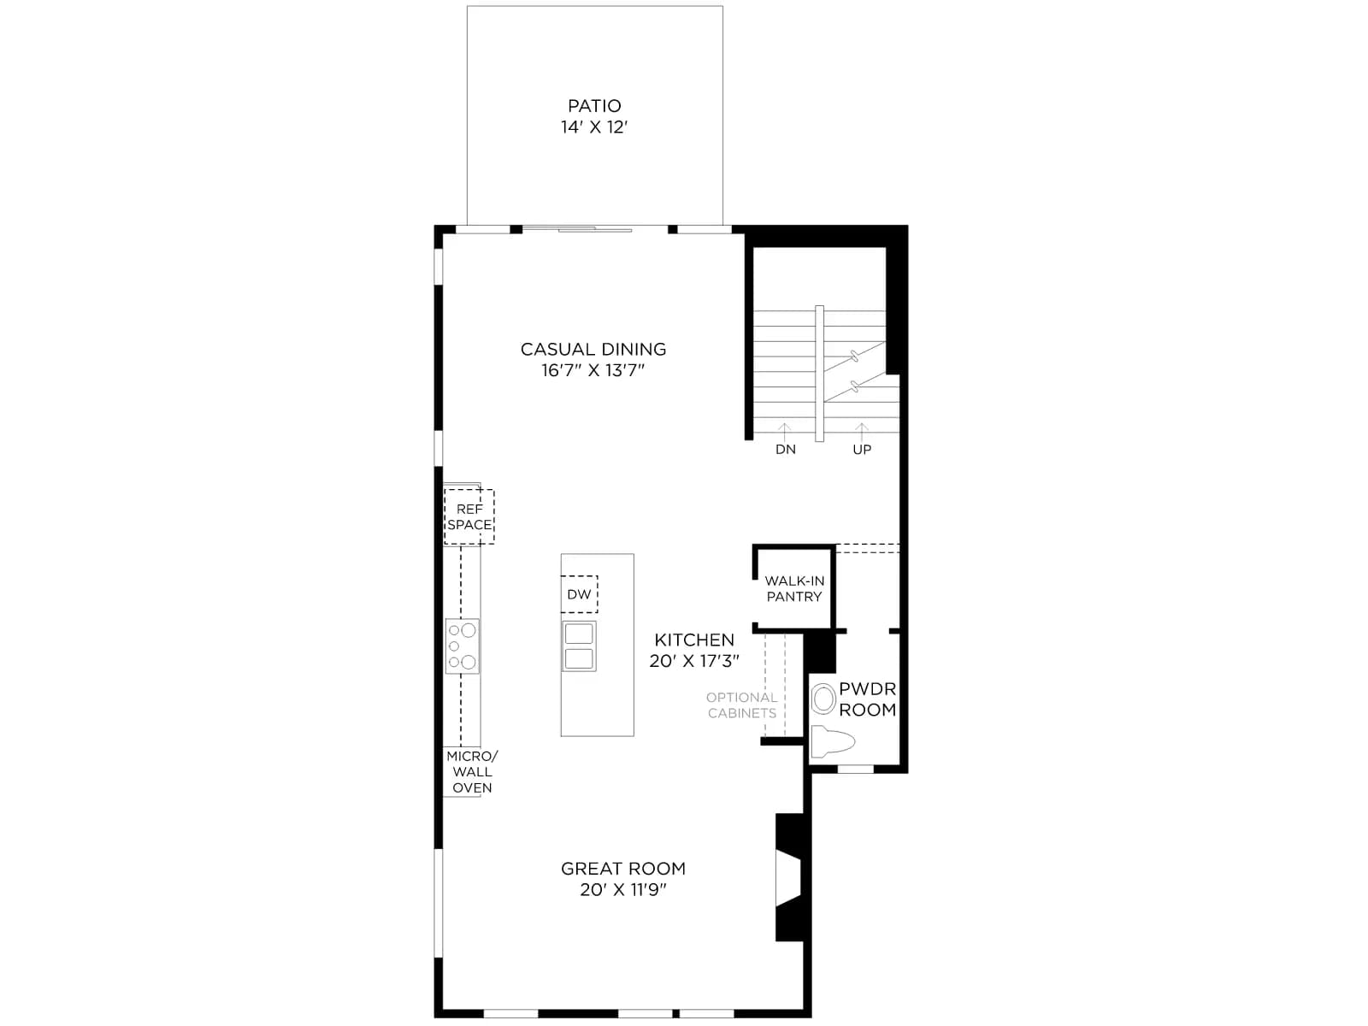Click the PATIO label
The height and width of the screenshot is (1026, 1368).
coord(594,106)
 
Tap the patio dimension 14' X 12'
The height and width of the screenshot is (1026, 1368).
coord(594,127)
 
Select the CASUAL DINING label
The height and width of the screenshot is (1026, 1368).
coord(593,349)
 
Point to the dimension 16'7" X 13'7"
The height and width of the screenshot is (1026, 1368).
coord(593,370)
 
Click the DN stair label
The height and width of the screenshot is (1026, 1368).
coord(785,449)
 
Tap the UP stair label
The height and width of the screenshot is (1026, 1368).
coord(862,449)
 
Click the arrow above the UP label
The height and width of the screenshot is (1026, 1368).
coord(861,432)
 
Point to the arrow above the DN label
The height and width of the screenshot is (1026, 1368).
coord(785,432)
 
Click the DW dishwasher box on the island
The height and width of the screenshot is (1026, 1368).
coord(579,593)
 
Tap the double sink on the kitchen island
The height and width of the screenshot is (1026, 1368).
coord(579,646)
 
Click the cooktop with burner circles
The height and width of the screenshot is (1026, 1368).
coord(463,646)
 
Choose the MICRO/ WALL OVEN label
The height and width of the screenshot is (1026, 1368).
coord(473,772)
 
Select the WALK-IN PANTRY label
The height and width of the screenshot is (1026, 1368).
coord(794,589)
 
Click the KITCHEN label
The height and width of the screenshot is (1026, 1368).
coord(694,640)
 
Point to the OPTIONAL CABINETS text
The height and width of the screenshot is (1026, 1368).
coord(741,705)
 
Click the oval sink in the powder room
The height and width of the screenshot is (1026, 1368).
coord(823,699)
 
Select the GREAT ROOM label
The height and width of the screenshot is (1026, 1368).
coord(623,869)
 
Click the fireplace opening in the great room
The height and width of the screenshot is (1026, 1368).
coord(787,878)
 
